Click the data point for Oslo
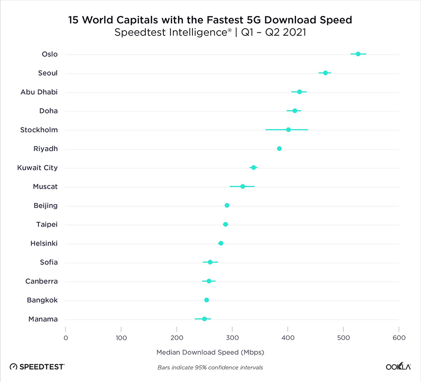click(358, 54)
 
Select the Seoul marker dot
click(325, 73)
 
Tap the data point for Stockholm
click(288, 130)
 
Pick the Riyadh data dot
click(279, 149)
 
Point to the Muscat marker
click(242, 186)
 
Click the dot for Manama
click(205, 319)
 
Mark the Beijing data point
click(227, 205)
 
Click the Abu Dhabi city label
click(39, 92)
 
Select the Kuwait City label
click(37, 167)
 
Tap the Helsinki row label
click(44, 243)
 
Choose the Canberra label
click(42, 281)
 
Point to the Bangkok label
click(43, 300)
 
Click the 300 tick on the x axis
click(232, 337)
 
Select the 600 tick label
click(399, 337)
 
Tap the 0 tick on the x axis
click(66, 337)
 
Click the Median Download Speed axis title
click(210, 352)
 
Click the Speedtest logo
click(37, 367)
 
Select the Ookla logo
click(398, 367)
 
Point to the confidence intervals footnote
click(210, 367)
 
